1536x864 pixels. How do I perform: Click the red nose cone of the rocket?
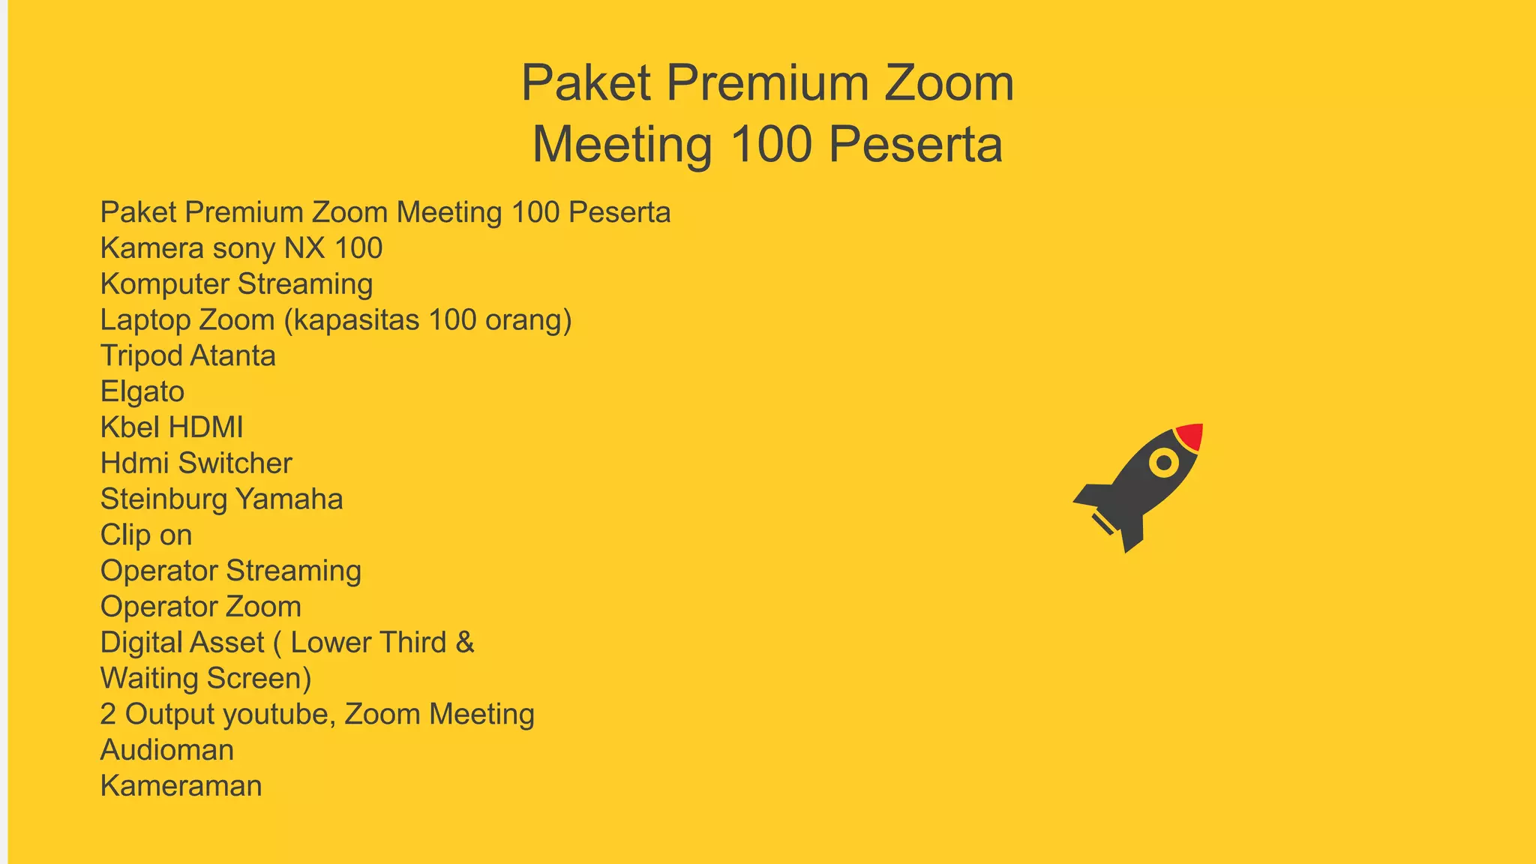click(x=1190, y=436)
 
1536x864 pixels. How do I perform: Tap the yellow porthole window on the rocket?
click(x=1164, y=463)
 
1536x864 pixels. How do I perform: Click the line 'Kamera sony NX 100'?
click(x=241, y=248)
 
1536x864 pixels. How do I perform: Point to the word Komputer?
click(x=164, y=284)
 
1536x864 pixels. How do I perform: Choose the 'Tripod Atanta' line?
click(x=187, y=356)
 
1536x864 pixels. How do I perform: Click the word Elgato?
click(x=142, y=391)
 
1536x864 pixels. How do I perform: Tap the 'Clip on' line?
click(x=146, y=535)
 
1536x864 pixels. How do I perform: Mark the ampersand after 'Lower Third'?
click(x=465, y=643)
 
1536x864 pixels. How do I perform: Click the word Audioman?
click(x=167, y=750)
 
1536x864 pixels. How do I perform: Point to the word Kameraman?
click(x=181, y=786)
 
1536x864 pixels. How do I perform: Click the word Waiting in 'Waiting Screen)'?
click(x=149, y=679)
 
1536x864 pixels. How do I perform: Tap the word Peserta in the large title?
click(x=915, y=144)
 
